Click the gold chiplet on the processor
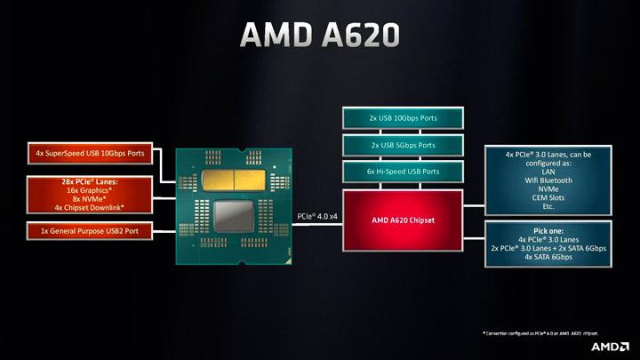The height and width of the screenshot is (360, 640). point(232,179)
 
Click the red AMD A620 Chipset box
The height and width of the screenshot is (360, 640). point(403,219)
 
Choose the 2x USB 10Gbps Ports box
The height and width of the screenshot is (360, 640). point(403,118)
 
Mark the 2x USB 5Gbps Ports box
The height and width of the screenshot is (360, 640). point(403,145)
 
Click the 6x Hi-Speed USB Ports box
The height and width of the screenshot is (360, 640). point(403,172)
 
